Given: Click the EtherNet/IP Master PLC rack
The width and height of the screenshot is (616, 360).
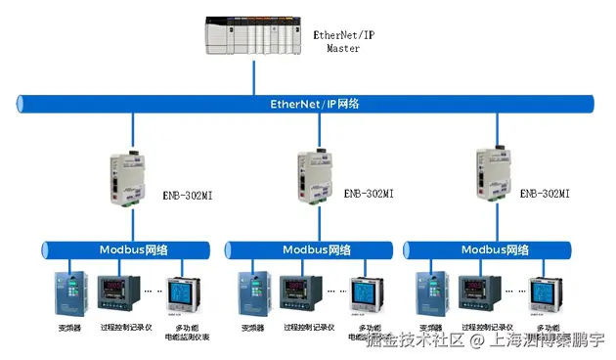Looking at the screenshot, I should [x=254, y=37].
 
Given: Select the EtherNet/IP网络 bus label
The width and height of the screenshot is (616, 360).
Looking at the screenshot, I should [x=308, y=103].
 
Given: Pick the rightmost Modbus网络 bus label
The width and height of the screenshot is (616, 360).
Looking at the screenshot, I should [x=496, y=249].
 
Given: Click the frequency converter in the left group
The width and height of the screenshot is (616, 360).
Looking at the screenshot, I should [x=70, y=292].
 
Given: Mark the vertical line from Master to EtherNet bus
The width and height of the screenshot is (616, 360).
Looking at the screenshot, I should [x=254, y=76].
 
